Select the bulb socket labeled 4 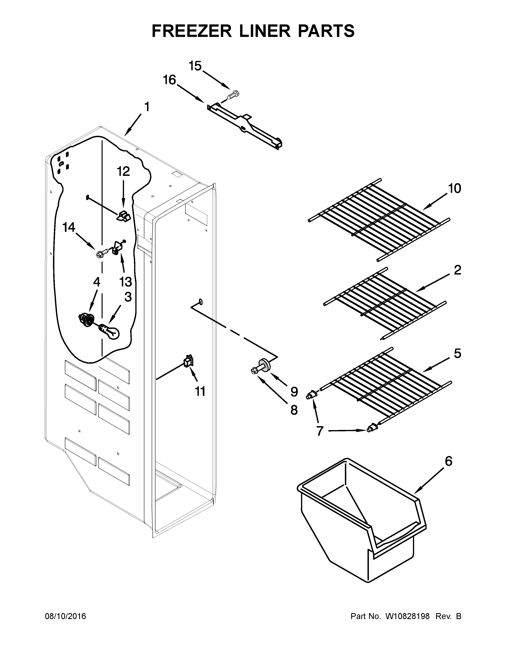coord(86,319)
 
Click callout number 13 coord(125,282)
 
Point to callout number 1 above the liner coord(147,107)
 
